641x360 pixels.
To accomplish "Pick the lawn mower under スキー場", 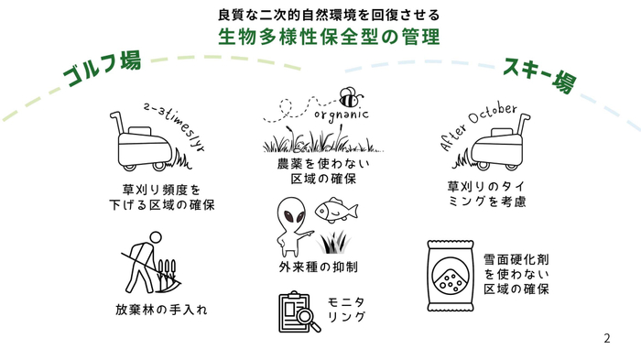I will pos(501,145).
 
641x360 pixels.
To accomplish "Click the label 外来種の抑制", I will pos(318,267).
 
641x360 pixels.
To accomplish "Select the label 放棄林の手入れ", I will pos(161,310).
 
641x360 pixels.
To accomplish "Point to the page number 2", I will pos(606,338).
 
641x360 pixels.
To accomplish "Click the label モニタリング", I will pos(346,310).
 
